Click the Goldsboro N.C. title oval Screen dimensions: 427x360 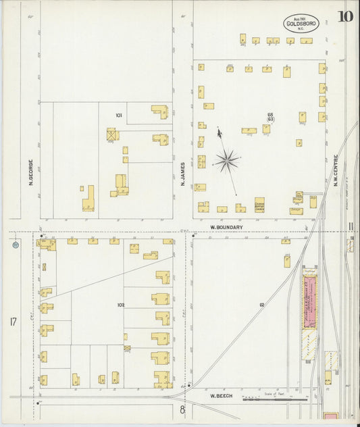click(x=298, y=23)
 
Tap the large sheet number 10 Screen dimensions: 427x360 click(x=344, y=16)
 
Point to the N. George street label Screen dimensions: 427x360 click(x=31, y=172)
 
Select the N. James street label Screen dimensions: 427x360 click(x=182, y=172)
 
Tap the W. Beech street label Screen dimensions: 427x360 click(x=221, y=396)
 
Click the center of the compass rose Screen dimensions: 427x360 click(x=228, y=161)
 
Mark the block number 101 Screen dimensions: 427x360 click(x=119, y=116)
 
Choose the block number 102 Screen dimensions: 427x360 click(x=121, y=305)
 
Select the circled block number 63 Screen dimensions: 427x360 click(x=270, y=119)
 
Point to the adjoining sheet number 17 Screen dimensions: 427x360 click(x=13, y=322)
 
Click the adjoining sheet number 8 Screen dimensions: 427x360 click(x=181, y=409)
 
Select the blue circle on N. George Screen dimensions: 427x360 click(x=16, y=245)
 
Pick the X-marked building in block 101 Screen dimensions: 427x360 click(x=112, y=134)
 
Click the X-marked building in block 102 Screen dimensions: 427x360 click(x=127, y=349)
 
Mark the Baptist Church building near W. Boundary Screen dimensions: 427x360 click(x=259, y=205)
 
